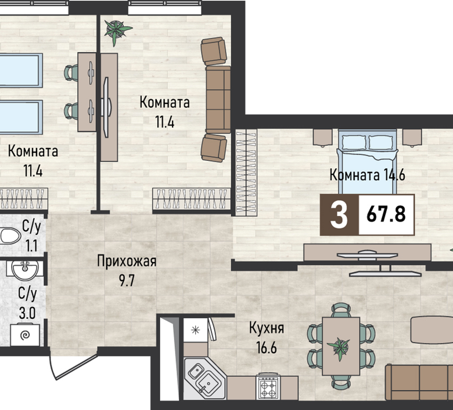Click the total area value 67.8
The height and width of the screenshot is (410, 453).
tap(386, 214)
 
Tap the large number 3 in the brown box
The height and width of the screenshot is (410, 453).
tap(339, 215)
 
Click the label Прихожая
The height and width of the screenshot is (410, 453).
tap(127, 261)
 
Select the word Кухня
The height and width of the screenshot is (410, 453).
tap(267, 328)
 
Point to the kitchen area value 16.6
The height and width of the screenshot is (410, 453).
tap(267, 347)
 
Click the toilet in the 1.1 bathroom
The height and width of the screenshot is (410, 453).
tap(9, 236)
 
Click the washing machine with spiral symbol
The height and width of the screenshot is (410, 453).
tap(25, 335)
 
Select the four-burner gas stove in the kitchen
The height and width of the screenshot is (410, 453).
tap(268, 386)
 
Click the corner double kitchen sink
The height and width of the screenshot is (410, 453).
tap(204, 377)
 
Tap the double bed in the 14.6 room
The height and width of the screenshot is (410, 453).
tap(368, 163)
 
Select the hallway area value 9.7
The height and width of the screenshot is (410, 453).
tap(127, 280)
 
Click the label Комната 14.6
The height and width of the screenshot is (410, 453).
tap(367, 175)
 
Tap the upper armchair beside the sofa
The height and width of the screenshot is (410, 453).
tap(214, 51)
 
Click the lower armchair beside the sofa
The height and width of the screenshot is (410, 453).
tap(214, 148)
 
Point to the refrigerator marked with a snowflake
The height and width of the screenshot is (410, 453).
tap(196, 330)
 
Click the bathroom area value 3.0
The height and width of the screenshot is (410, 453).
tap(27, 313)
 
